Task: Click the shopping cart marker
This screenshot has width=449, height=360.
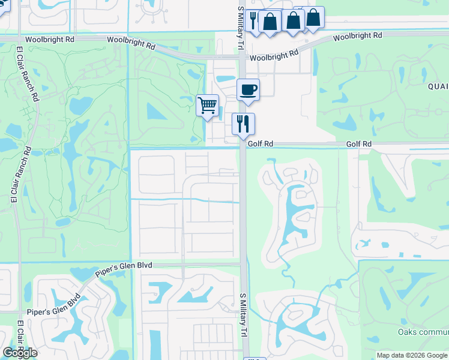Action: [x=207, y=106]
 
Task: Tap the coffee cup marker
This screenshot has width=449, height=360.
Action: [x=248, y=91]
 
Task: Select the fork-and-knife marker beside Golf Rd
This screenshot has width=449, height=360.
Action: [x=243, y=124]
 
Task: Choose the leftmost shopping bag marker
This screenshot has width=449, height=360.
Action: [x=270, y=21]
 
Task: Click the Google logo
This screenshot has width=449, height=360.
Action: [x=20, y=353]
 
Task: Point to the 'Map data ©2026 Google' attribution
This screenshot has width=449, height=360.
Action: [x=411, y=355]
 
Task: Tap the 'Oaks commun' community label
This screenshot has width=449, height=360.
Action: [x=423, y=332]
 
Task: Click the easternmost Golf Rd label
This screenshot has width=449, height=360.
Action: [x=358, y=144]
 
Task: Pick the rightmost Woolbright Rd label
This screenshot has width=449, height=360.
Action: [x=358, y=36]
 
